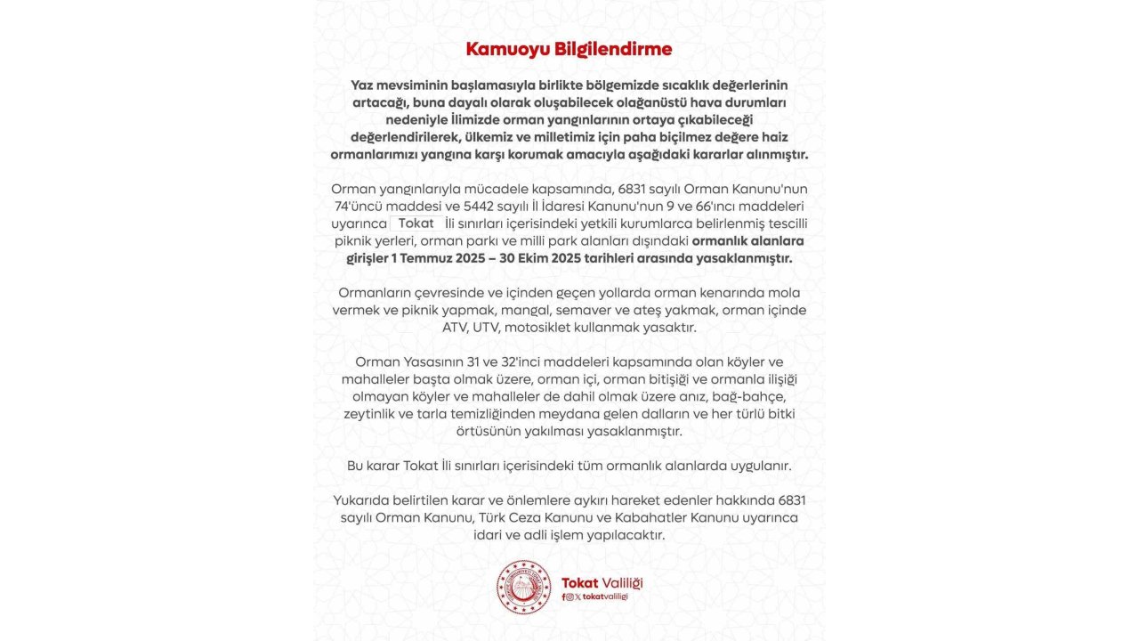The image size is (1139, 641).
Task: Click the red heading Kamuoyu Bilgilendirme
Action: [x=569, y=48]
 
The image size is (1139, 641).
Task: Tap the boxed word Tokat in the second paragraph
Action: [x=416, y=223]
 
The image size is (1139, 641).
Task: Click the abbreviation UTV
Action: [x=486, y=327]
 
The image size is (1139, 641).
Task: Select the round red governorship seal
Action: [x=523, y=587]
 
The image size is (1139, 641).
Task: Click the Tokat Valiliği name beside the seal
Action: [x=602, y=582]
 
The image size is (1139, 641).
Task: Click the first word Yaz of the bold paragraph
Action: [x=363, y=84]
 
